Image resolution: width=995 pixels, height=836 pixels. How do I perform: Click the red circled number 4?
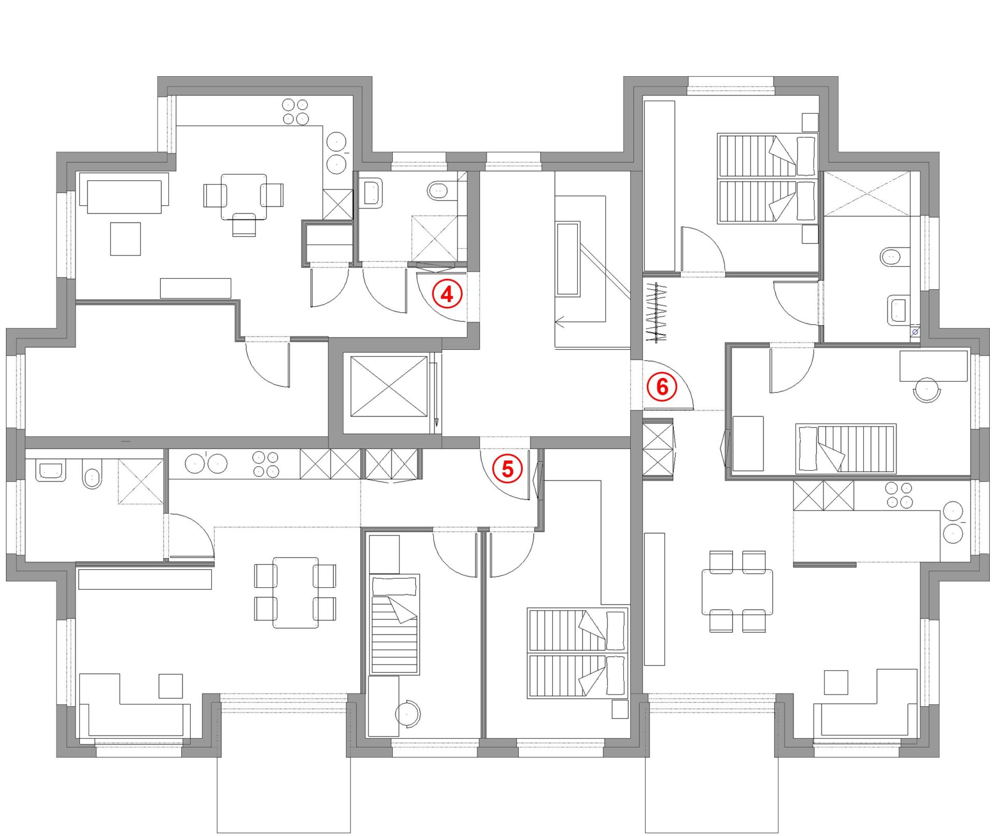tap(447, 294)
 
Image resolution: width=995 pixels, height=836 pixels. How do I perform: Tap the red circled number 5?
tap(507, 469)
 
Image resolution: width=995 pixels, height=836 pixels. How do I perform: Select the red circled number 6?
tap(662, 387)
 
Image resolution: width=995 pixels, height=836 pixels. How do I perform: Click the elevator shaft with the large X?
tap(389, 386)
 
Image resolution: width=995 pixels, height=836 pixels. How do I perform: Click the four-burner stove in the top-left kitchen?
tap(295, 111)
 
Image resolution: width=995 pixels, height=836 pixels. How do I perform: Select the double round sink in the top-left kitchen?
tap(337, 153)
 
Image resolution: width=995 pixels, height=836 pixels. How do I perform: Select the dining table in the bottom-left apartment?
tap(295, 592)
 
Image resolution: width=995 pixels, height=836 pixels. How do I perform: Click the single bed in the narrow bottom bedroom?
tap(394, 624)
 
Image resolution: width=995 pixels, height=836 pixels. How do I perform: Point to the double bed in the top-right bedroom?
tap(767, 178)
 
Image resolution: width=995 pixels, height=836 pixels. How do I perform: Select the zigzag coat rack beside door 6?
tap(656, 313)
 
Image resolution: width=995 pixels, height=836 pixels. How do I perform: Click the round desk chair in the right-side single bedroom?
tap(927, 390)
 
